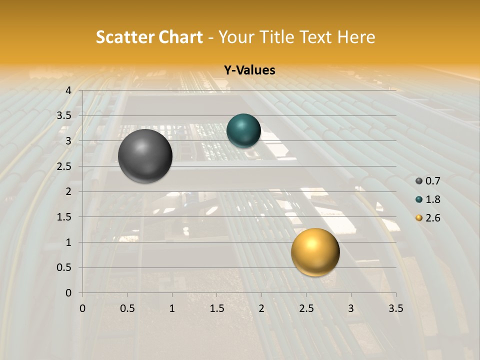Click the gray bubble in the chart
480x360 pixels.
[x=145, y=156]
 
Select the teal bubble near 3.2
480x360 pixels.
[x=243, y=130]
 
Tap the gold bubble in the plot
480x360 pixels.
[x=315, y=252]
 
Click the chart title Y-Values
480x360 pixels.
[x=249, y=70]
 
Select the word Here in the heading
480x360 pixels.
[x=356, y=37]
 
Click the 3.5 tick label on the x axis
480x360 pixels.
[x=395, y=308]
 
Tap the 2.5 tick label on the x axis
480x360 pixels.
[x=306, y=308]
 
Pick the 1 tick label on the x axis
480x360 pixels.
[x=172, y=308]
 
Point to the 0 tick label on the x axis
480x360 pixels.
[x=82, y=308]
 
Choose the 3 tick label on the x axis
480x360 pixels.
[x=351, y=308]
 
